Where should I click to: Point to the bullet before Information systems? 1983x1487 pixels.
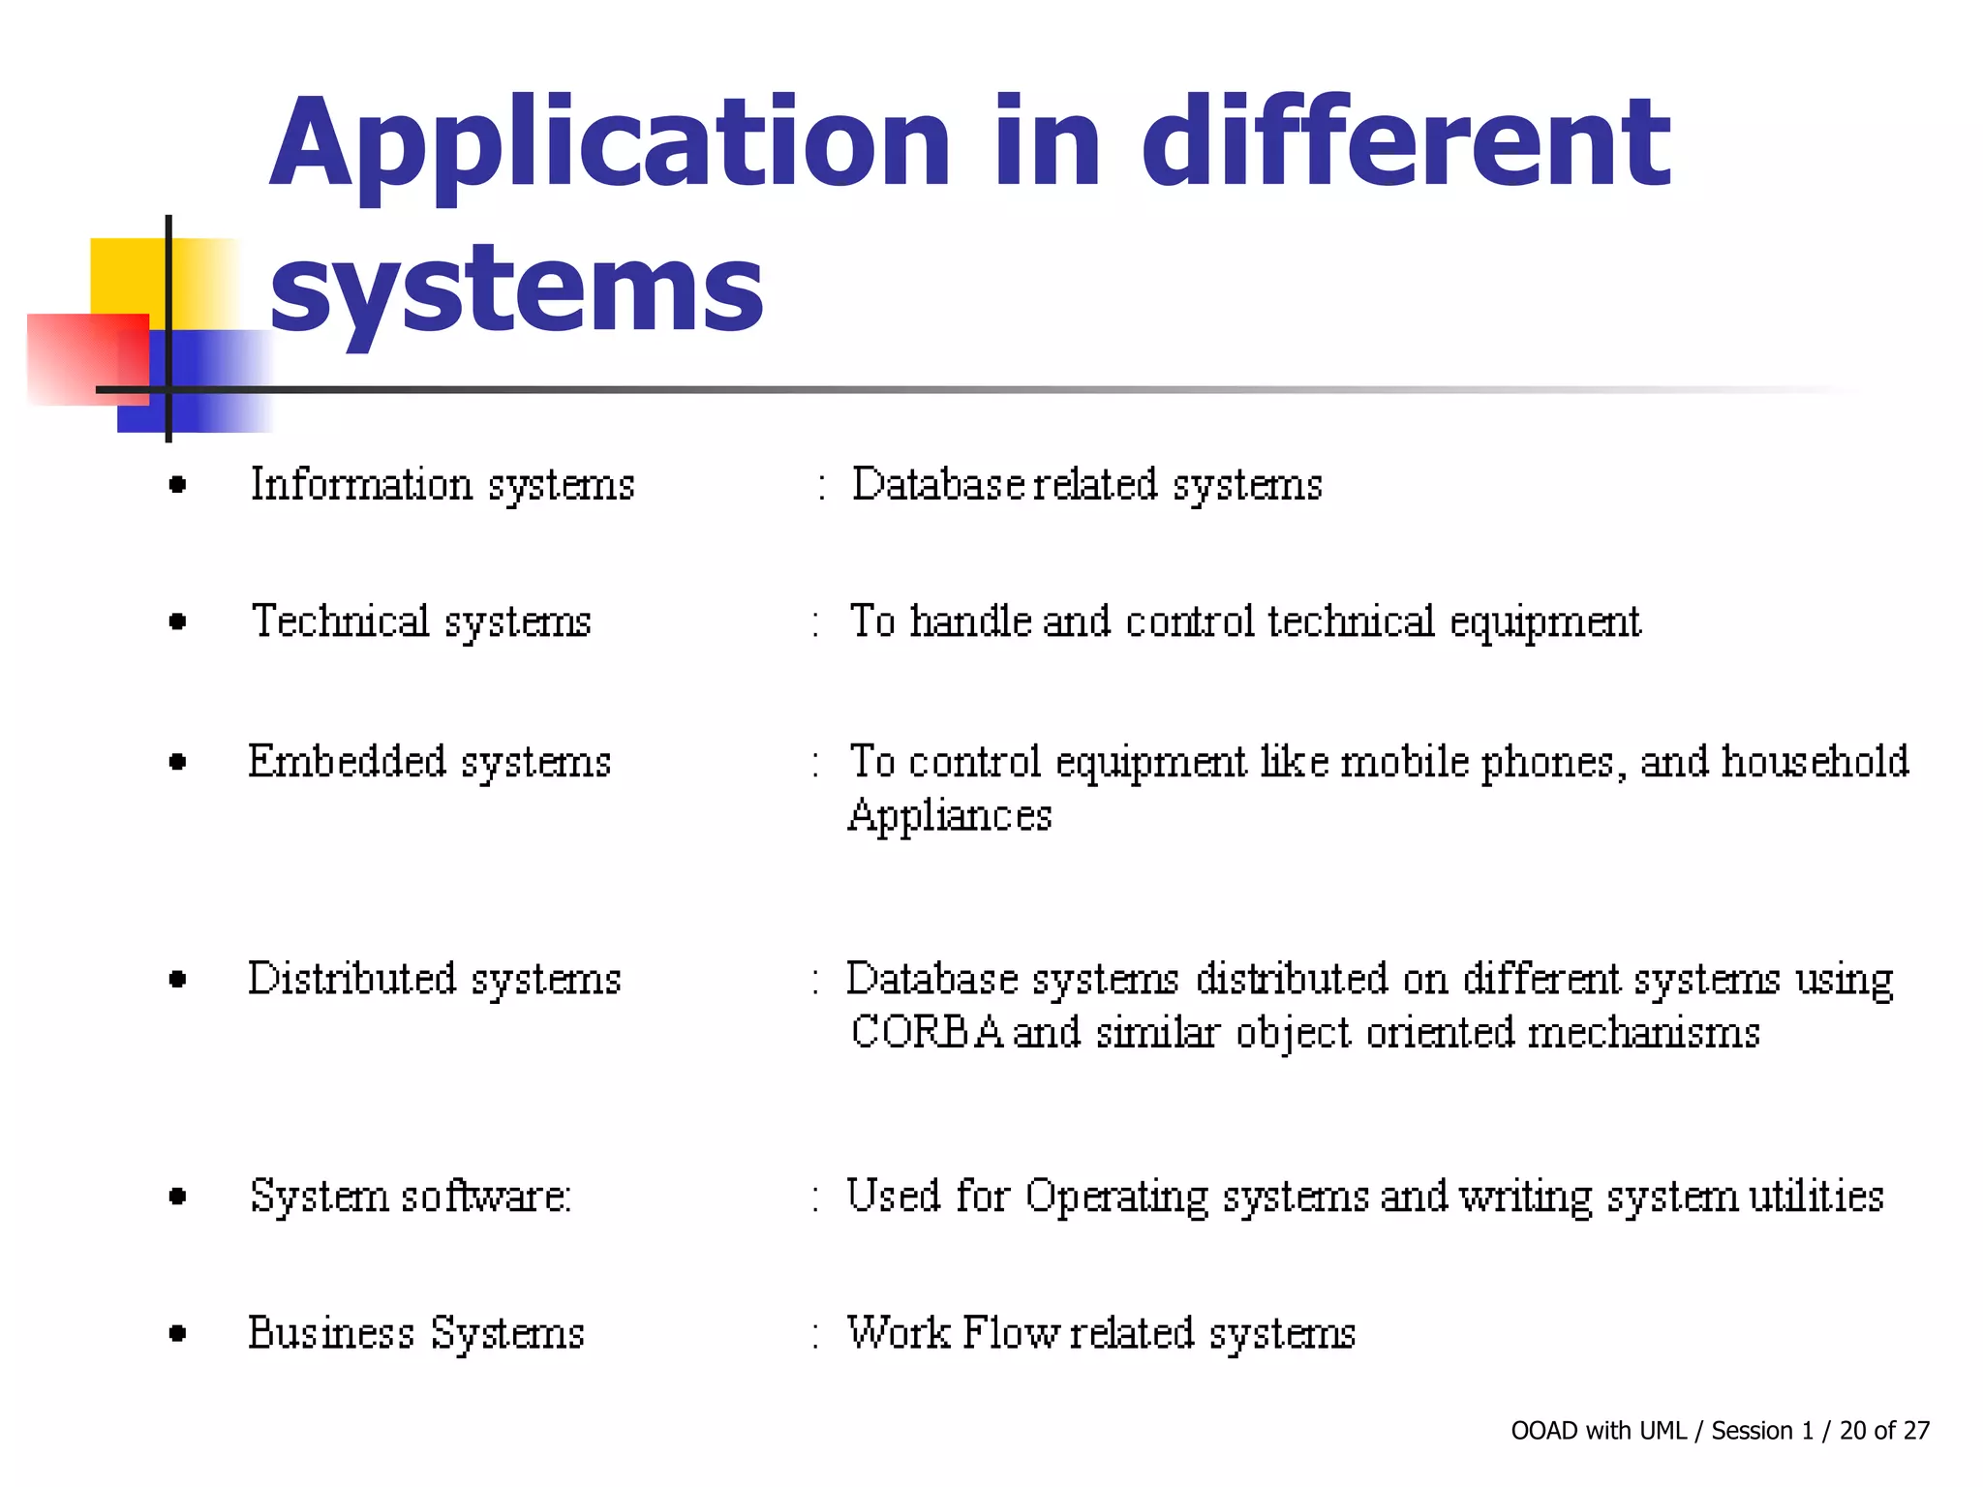point(177,484)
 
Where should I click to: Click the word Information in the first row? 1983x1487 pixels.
point(361,484)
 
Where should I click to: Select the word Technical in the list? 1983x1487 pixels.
point(340,621)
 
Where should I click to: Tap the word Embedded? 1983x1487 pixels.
point(347,761)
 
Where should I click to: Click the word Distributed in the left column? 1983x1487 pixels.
point(351,979)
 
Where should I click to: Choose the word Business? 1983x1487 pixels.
point(331,1333)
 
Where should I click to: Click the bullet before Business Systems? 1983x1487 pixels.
point(177,1334)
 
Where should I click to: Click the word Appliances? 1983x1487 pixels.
point(950,816)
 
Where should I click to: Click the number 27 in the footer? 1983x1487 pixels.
point(1916,1431)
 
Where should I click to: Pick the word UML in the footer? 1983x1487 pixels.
point(1663,1431)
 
